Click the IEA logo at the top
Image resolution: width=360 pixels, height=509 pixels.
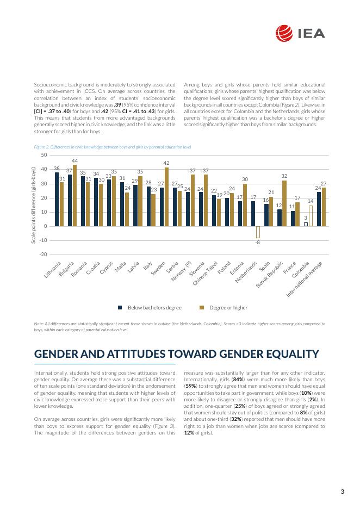[x=300, y=33]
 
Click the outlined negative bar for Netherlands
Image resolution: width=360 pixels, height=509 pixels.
[x=258, y=232]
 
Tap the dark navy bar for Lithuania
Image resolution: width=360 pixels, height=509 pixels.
[x=57, y=200]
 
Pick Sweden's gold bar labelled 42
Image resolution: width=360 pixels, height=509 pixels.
[x=166, y=197]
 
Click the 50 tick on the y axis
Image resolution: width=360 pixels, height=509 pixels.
[x=44, y=155]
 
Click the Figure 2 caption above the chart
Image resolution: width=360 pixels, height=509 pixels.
[x=112, y=147]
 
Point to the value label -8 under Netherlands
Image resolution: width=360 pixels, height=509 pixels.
[x=258, y=243]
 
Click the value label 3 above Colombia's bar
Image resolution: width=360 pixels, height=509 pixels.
[x=306, y=218]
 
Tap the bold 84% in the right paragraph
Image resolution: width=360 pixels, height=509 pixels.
[x=238, y=379]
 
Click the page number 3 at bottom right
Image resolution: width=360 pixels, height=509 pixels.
[x=342, y=492]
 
